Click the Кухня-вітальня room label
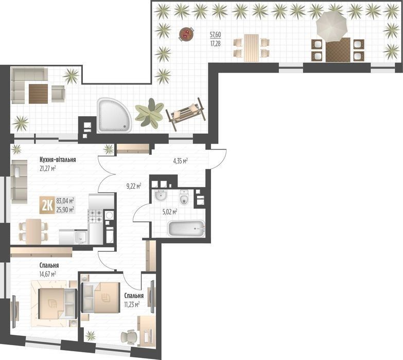58,160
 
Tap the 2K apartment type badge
47,205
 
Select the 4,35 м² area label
180,161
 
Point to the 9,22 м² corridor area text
134,186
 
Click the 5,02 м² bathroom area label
170,212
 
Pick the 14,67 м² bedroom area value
47,274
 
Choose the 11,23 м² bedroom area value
132,304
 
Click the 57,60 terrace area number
215,34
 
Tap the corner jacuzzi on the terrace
114,115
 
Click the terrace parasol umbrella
331,27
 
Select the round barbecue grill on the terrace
186,34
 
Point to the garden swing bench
186,114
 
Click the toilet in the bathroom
184,197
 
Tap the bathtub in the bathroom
186,228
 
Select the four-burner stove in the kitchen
96,216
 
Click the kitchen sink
81,237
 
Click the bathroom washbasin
161,196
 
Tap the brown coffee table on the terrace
38,94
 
